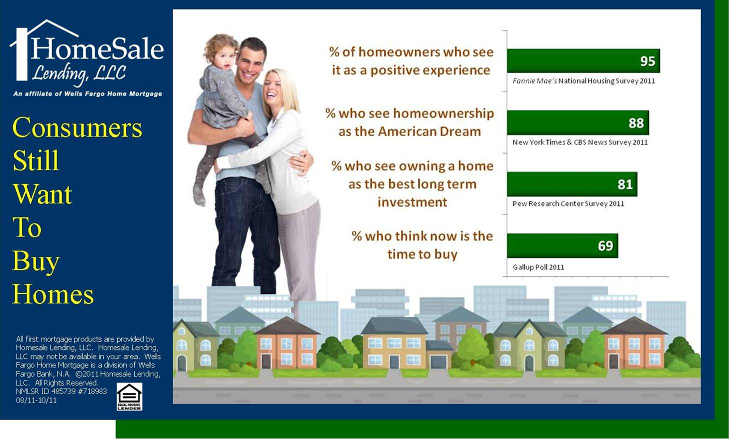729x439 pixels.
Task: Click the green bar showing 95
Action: coord(583,61)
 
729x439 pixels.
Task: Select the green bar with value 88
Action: coord(578,122)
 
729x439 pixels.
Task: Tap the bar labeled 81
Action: coord(572,184)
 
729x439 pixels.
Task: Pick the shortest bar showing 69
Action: coord(563,245)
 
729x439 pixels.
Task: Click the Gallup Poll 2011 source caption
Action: coord(538,267)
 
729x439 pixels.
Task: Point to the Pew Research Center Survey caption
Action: coord(568,204)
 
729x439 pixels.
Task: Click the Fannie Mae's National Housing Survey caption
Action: coord(583,81)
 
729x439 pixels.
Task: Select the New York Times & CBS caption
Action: coord(580,142)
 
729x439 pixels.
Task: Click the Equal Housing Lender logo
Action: coord(129,396)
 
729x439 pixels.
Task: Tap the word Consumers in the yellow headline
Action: coord(77,127)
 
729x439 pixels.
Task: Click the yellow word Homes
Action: coord(53,294)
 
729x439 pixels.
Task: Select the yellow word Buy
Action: coord(36,261)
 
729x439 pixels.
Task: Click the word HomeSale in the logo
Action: coord(97,48)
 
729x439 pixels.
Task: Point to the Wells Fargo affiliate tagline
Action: coord(88,94)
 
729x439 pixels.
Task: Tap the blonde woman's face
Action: coord(273,88)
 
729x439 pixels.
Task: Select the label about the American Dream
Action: coord(410,122)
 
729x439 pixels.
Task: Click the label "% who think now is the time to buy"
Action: coord(422,245)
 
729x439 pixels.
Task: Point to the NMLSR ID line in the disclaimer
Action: coord(61,391)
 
